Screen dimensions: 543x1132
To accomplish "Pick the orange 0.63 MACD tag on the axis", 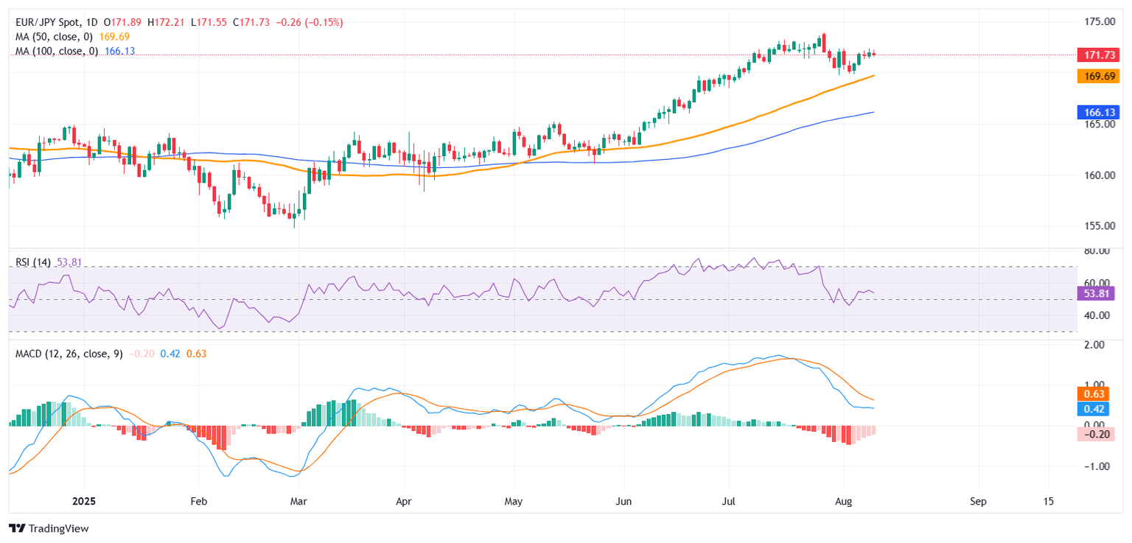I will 1091,393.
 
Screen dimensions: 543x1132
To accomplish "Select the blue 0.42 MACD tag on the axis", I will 1091,408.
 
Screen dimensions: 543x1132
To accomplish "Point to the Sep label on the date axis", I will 978,502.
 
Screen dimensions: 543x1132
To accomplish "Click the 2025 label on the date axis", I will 86,502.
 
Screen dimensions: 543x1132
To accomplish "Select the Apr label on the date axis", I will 404,502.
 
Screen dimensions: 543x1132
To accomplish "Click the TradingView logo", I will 49,528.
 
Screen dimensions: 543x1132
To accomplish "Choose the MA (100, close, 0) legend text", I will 55,51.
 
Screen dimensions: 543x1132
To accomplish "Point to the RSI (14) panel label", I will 33,262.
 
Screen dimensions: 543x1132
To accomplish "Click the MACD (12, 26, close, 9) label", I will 69,354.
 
